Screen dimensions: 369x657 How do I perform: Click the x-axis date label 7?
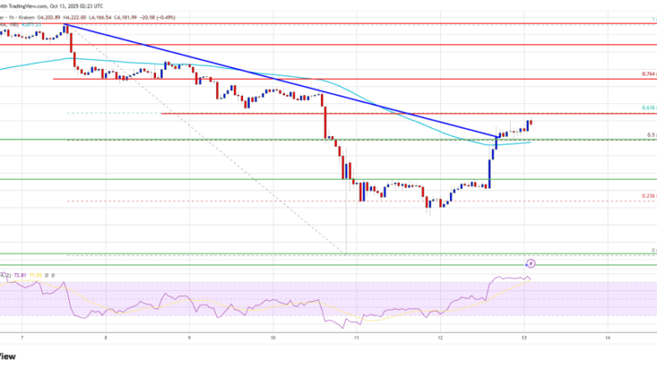click(x=22, y=337)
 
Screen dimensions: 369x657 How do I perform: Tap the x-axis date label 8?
click(x=106, y=337)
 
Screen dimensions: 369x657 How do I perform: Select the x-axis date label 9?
click(x=190, y=337)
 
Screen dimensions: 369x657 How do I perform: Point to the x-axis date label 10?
click(x=273, y=337)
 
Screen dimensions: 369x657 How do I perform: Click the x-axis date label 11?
click(x=356, y=337)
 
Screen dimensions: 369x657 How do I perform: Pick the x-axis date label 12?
click(x=440, y=337)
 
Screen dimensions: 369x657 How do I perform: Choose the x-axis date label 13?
click(x=524, y=337)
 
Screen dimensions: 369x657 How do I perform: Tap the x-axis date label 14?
click(x=607, y=337)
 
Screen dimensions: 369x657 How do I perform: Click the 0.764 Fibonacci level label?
click(x=646, y=73)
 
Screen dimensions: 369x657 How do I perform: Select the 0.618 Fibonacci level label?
click(x=646, y=107)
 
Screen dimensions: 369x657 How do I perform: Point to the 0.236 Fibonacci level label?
click(x=646, y=196)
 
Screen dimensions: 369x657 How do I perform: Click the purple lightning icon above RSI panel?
click(x=531, y=263)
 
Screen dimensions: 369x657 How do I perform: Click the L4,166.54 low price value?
click(x=173, y=14)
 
